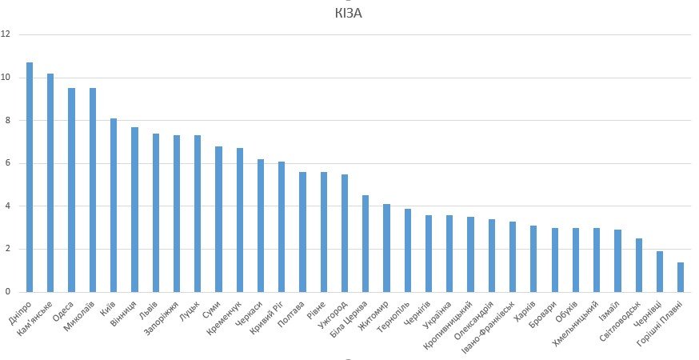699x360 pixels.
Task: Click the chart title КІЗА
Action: pos(349,14)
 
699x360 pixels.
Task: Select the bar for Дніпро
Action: pos(30,177)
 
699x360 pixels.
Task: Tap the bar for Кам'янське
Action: pos(50,182)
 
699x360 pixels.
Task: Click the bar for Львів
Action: pos(155,213)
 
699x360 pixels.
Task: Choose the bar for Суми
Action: pos(218,219)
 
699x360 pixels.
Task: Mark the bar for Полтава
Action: pos(302,232)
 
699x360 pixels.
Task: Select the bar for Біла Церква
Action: pos(365,243)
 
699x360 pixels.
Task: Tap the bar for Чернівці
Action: pos(660,271)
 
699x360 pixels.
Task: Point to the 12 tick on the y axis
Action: pos(7,34)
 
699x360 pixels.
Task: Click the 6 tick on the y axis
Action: pos(7,163)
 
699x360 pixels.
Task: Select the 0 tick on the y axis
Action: pos(7,292)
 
